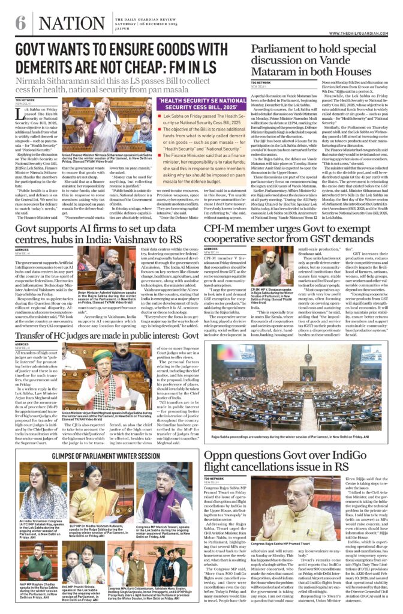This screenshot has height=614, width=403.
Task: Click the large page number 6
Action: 20,23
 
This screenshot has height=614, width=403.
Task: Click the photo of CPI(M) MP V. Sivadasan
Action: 227,269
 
